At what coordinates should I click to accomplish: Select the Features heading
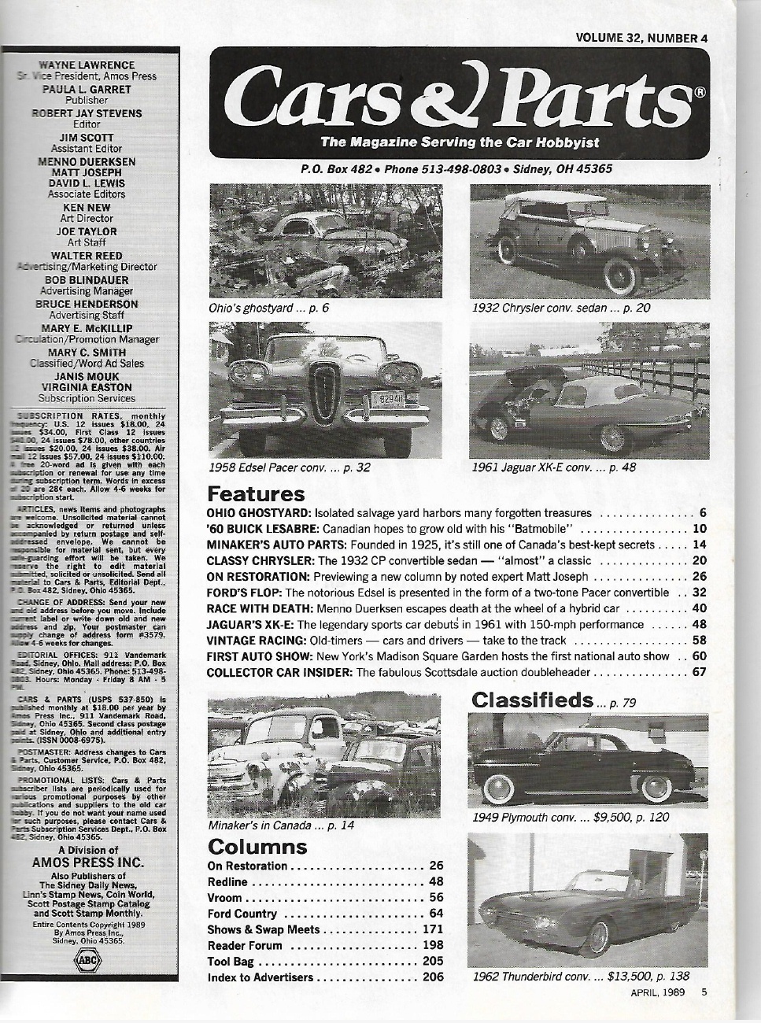pyautogui.click(x=255, y=494)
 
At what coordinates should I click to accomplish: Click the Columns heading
pyautogui.click(x=257, y=847)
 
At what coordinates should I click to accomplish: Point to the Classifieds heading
pyautogui.click(x=532, y=699)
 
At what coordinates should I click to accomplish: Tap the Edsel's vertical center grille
pyautogui.click(x=324, y=393)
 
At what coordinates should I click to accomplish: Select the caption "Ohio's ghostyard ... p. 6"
pyautogui.click(x=268, y=308)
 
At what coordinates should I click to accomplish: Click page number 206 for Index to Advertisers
pyautogui.click(x=434, y=977)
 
